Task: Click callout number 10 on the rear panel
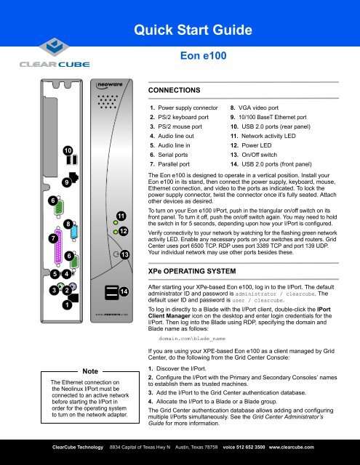click(x=68, y=150)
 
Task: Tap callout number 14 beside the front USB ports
click(x=124, y=291)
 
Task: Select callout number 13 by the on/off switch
click(x=124, y=254)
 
